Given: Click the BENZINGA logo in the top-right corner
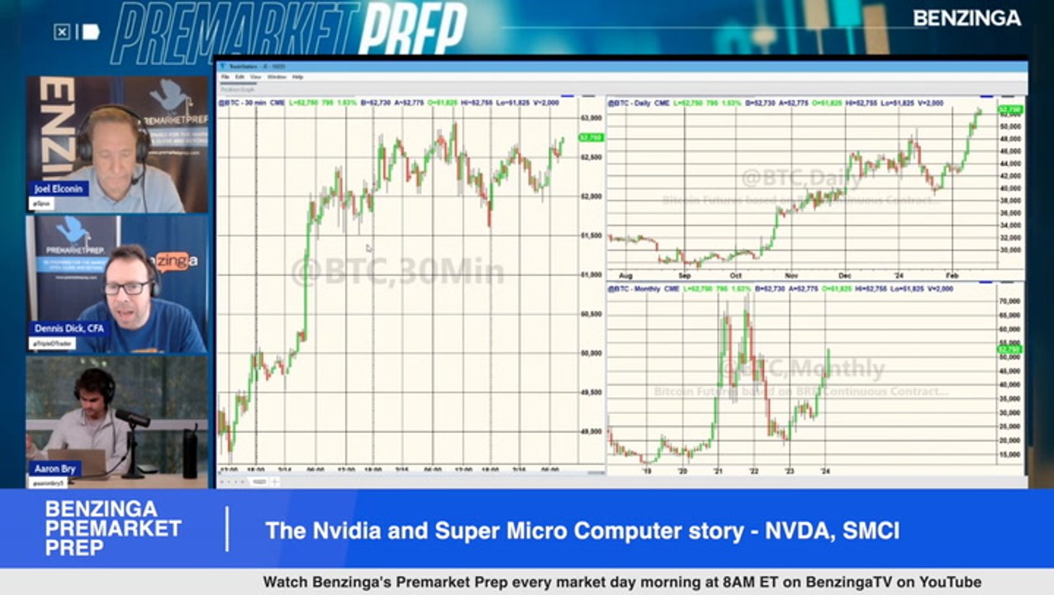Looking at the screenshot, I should (x=966, y=18).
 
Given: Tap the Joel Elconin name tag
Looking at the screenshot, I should (x=59, y=188).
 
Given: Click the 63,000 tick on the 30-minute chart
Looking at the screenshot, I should (x=591, y=118).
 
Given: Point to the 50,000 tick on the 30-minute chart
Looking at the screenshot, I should (x=591, y=353).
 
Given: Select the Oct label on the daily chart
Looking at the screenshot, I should (x=735, y=275).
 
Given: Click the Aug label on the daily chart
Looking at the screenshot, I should (x=624, y=275).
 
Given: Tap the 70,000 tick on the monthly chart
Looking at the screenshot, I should (x=1009, y=301).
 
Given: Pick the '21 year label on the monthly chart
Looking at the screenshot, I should (x=718, y=471).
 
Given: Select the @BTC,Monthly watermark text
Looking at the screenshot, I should (x=800, y=369).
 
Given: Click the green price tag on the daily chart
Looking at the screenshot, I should (x=1010, y=109).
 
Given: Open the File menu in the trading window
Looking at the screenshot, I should (x=226, y=77).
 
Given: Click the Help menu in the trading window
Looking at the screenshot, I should (x=297, y=77).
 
